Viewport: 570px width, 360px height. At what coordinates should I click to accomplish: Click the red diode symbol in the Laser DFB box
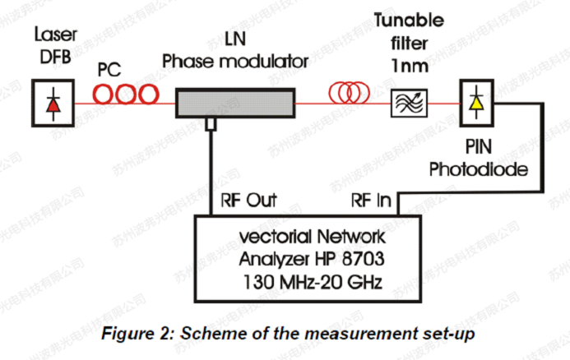(53, 104)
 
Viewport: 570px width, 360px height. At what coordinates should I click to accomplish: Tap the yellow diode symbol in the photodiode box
(475, 103)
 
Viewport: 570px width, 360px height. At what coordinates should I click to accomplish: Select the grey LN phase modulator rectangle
(234, 103)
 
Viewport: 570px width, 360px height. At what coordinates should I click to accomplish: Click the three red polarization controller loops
(125, 95)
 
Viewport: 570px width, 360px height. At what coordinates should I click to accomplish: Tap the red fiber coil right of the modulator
(349, 94)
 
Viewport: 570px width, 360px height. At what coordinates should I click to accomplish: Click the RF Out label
(249, 200)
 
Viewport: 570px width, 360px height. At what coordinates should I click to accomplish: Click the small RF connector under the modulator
(211, 123)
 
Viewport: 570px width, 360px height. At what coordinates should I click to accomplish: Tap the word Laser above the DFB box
(53, 35)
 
